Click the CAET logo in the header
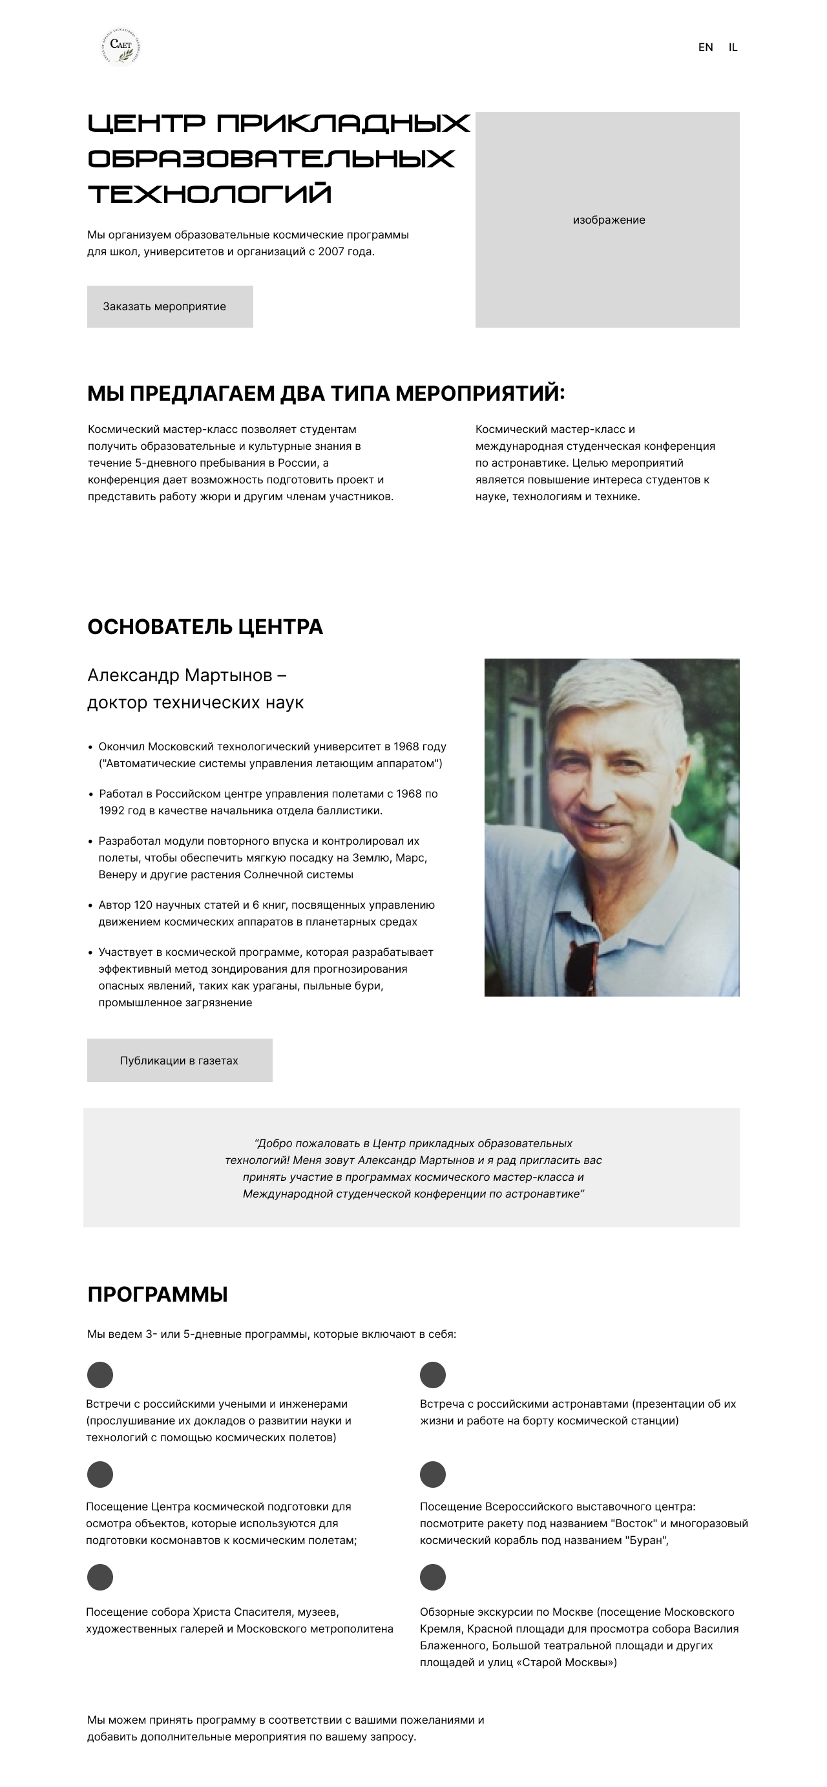pos(121,47)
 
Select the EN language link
pos(705,47)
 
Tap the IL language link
pos(733,47)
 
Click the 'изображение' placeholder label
pos(609,220)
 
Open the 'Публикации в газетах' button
pos(180,1060)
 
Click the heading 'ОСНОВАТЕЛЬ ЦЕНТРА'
pos(205,626)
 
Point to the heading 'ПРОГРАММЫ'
pos(158,1294)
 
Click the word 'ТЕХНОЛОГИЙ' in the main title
pos(209,193)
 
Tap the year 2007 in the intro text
pos(331,252)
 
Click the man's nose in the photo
pos(598,794)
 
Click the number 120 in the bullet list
pos(143,905)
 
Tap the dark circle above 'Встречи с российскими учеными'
pos(100,1374)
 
